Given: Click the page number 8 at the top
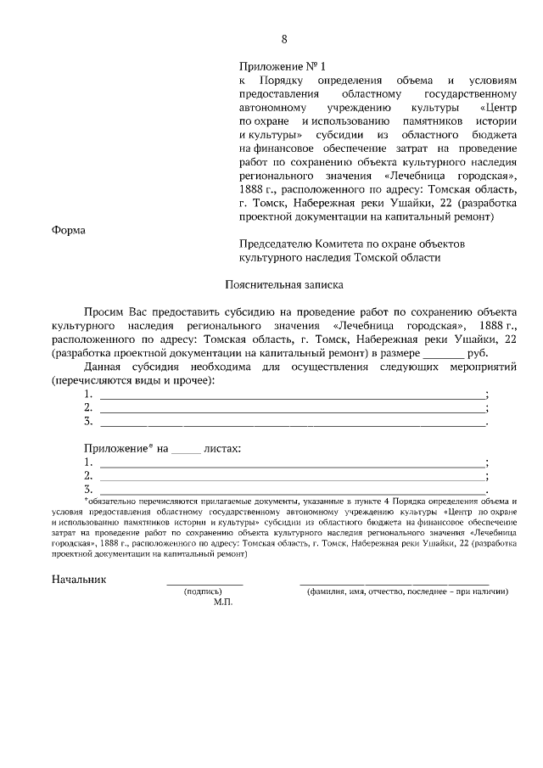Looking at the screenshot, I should [x=285, y=39].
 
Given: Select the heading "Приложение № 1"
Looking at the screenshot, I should [x=282, y=65].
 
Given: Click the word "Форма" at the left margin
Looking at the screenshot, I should [x=69, y=230].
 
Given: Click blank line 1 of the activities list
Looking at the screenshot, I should [x=292, y=395].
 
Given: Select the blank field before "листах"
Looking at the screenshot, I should [x=186, y=447].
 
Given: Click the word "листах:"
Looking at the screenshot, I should [x=222, y=447].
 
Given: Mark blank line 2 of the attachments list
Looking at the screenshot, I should [x=292, y=476].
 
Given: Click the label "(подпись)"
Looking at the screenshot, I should [x=203, y=591].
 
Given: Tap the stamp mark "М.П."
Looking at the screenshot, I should [x=223, y=602].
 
